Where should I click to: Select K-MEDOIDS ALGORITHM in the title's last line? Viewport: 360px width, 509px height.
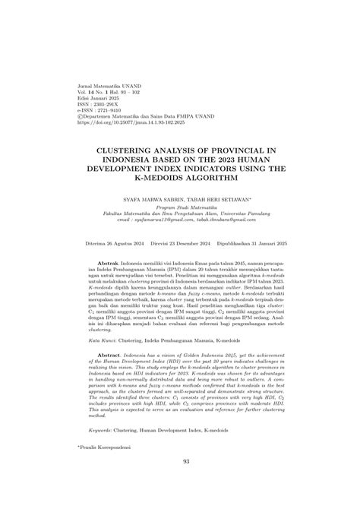click(x=179, y=178)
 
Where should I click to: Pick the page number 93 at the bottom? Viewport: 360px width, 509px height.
click(x=179, y=482)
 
